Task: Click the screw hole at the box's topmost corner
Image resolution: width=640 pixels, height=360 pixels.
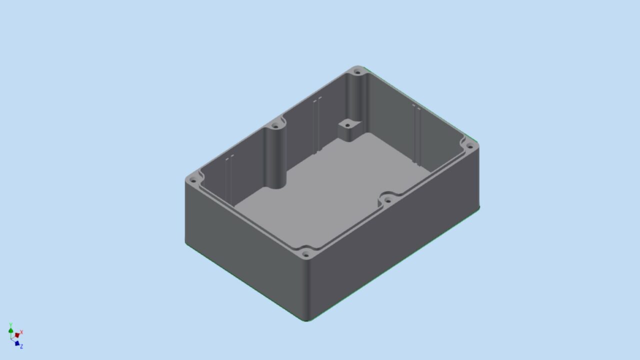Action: coord(357,72)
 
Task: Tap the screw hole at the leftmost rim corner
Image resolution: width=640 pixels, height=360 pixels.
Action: coord(193,180)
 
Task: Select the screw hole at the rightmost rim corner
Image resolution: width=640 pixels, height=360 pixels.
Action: coord(469,147)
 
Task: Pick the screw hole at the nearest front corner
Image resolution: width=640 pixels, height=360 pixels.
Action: coord(305,254)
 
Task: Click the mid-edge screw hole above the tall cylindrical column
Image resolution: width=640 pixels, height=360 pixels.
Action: coord(275,126)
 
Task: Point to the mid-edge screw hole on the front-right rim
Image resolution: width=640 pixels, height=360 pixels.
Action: coord(388,200)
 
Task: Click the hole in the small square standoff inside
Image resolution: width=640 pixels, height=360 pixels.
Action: coord(347,125)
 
